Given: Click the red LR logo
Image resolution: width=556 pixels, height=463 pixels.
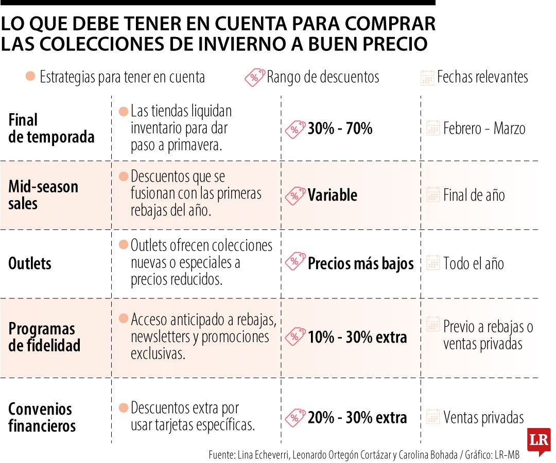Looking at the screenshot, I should (538, 440).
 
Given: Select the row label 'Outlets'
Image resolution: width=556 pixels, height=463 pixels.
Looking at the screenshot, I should (30, 263).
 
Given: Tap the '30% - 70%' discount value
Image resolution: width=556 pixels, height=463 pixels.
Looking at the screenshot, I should (340, 128).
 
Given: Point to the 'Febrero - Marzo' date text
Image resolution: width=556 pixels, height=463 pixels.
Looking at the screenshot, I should (484, 128).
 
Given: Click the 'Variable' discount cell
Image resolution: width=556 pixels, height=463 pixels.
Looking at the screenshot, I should (332, 195).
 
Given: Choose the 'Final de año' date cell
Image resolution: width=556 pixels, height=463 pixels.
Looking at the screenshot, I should (474, 195).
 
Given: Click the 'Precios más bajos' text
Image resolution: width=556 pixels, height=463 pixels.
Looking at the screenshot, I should (360, 263).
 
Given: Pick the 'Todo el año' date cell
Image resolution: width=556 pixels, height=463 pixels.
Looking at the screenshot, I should (474, 263).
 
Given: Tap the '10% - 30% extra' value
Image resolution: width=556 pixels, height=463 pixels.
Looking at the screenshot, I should (357, 337).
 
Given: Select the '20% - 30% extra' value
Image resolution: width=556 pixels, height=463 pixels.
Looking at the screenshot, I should (357, 418).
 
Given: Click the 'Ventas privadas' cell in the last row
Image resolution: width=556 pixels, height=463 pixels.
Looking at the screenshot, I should (483, 418).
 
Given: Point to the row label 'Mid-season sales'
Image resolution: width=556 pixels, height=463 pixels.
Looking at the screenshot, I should (43, 194).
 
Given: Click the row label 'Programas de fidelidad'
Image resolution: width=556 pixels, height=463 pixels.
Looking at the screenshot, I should (44, 337).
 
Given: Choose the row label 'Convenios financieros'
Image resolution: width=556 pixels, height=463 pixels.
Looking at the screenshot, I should (42, 417).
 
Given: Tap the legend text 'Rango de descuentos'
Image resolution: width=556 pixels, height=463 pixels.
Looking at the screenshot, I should (323, 77).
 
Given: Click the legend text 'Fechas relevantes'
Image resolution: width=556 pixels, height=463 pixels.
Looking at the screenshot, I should (482, 77).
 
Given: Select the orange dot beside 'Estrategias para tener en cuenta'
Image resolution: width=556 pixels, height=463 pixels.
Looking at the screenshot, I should (30, 77).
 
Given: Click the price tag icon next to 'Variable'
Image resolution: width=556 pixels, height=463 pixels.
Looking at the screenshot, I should (295, 195).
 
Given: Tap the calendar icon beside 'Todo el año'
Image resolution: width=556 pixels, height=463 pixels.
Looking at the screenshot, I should (433, 263).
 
